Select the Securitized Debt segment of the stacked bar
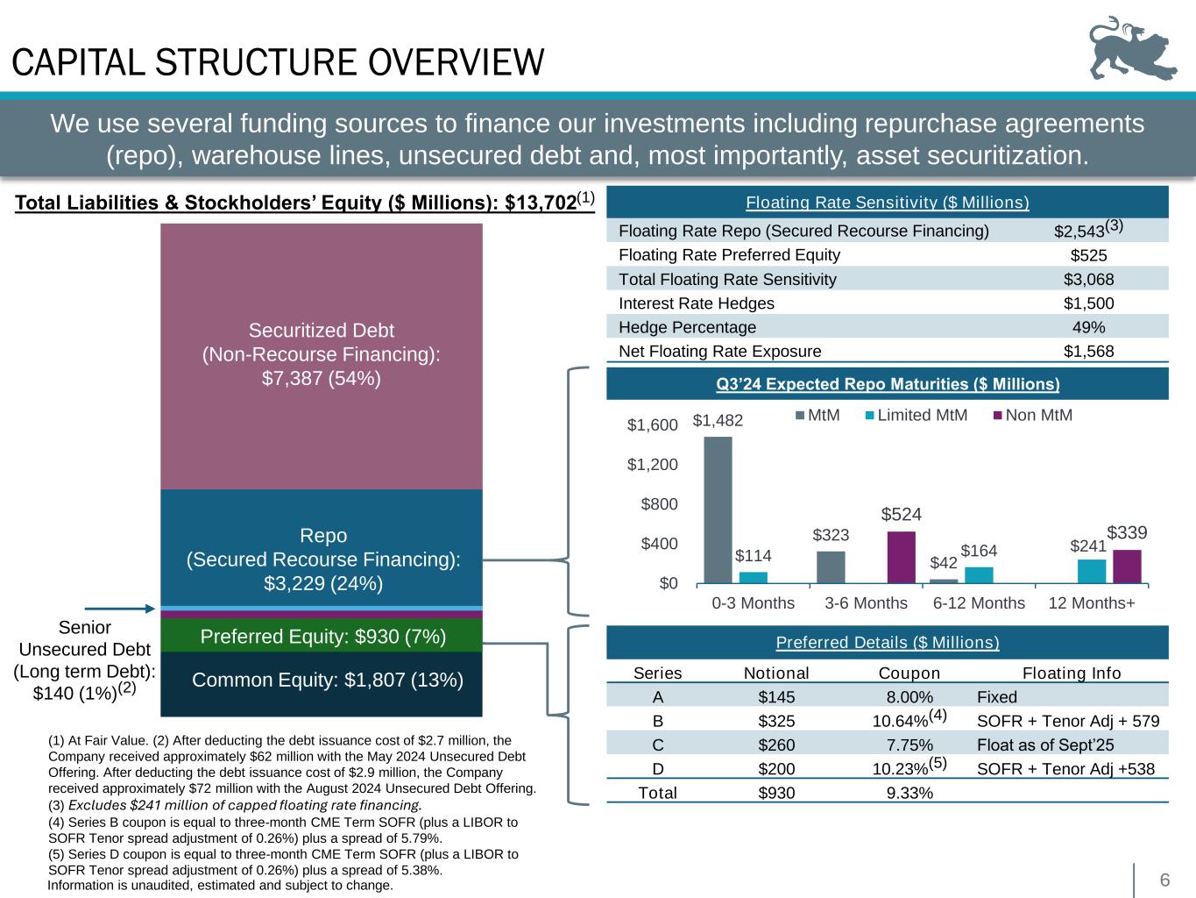pos(322,354)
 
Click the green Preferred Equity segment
pos(322,637)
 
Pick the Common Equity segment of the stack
pos(322,680)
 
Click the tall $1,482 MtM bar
pos(718,509)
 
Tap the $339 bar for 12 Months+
pos(1127,566)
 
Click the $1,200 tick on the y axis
pos(652,465)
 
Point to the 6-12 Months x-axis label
pos(979,603)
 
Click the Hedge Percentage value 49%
pos(1088,327)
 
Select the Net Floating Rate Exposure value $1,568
pos(1088,352)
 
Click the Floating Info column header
pos(1072,673)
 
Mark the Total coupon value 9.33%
pos(909,794)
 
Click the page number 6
pos(1165,880)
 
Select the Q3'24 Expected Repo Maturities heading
pos(887,384)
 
